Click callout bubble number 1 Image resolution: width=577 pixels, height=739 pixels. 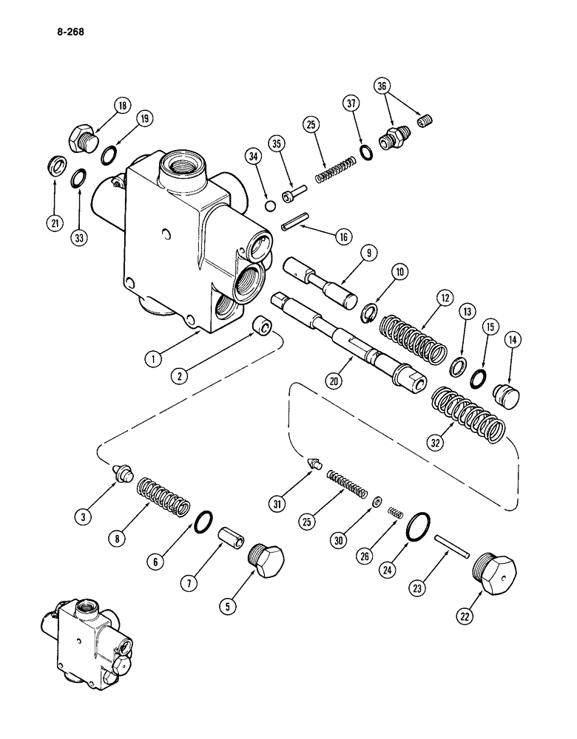pyautogui.click(x=153, y=360)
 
